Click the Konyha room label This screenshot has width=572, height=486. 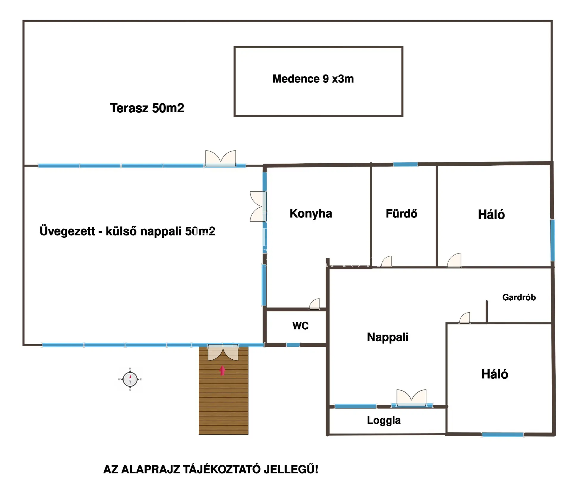pyautogui.click(x=311, y=213)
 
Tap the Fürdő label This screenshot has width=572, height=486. pyautogui.click(x=401, y=214)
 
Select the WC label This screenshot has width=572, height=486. pyautogui.click(x=300, y=326)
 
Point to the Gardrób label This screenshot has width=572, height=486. pyautogui.click(x=519, y=297)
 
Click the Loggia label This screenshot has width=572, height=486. pyautogui.click(x=384, y=420)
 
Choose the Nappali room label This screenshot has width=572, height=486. pyautogui.click(x=388, y=337)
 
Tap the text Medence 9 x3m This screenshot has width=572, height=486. pyautogui.click(x=313, y=79)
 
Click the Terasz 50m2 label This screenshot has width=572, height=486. pyautogui.click(x=147, y=108)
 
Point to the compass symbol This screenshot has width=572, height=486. pyautogui.click(x=130, y=379)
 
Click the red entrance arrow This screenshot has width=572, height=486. pyautogui.click(x=222, y=370)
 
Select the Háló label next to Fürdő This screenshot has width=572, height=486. pyautogui.click(x=491, y=215)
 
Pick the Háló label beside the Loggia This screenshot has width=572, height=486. pyautogui.click(x=495, y=374)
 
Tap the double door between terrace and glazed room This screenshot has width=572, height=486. pyautogui.click(x=220, y=158)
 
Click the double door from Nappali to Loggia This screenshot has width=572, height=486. pyautogui.click(x=411, y=398)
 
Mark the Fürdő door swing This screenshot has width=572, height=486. pyautogui.click(x=387, y=262)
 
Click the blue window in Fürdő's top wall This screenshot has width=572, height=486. pyautogui.click(x=405, y=164)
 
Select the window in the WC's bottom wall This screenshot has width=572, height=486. pyautogui.click(x=293, y=345)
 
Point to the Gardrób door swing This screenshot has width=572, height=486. pyautogui.click(x=465, y=318)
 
